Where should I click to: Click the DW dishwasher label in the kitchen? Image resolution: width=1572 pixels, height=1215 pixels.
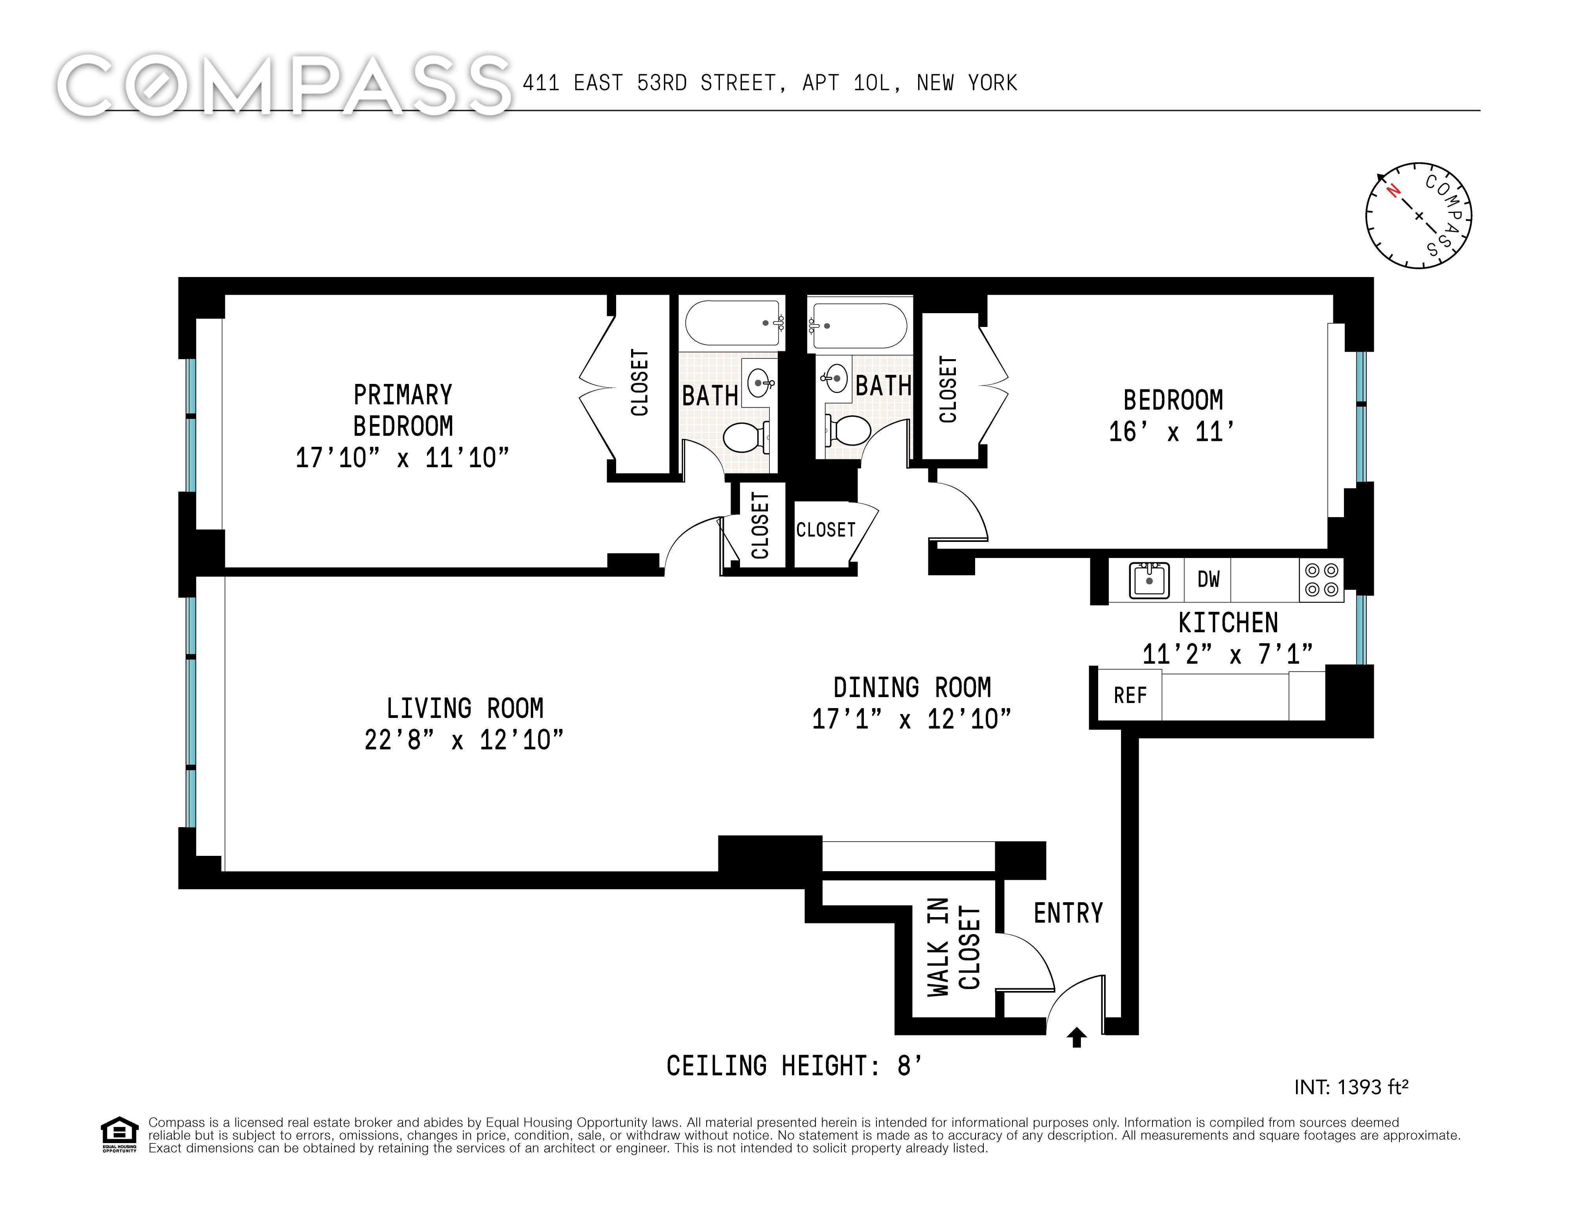pos(1209,579)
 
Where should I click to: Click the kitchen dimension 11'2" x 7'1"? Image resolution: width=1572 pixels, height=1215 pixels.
pos(1228,654)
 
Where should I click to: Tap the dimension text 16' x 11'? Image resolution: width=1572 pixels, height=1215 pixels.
pos(1173,431)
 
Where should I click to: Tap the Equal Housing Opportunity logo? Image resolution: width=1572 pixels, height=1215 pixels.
pos(119,1134)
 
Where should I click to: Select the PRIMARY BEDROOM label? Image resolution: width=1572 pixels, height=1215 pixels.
pos(403,410)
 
